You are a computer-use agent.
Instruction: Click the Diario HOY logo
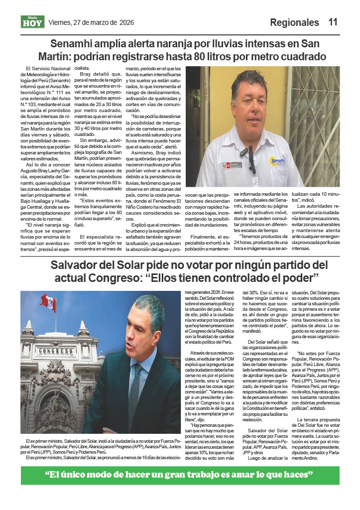[33, 22]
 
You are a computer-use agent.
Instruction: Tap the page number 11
[333, 22]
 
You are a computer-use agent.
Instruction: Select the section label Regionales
[294, 22]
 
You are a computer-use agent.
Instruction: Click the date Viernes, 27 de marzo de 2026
[91, 22]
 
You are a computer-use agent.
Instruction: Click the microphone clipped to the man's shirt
[245, 150]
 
